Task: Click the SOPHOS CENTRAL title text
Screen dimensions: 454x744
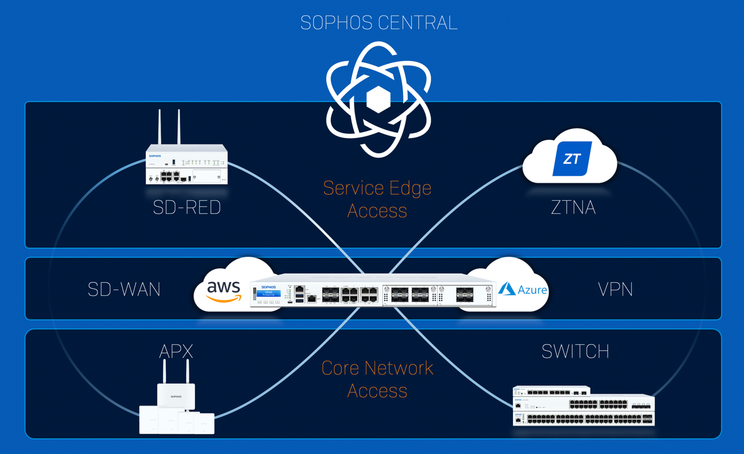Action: click(x=379, y=23)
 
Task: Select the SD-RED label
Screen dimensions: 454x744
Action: click(x=187, y=207)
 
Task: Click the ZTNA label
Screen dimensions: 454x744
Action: click(x=573, y=207)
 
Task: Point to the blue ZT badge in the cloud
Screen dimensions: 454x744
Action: click(x=571, y=159)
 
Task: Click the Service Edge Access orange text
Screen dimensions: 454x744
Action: click(x=377, y=199)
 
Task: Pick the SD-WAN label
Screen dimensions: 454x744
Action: click(x=124, y=290)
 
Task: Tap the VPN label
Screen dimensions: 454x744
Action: click(x=615, y=290)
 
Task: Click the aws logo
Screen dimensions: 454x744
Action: click(x=224, y=291)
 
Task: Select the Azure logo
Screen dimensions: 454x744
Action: click(x=522, y=289)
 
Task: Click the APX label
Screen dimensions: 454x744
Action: click(x=176, y=352)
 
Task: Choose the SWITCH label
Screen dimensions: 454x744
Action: click(x=575, y=352)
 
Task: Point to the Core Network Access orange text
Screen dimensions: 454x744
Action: click(x=377, y=379)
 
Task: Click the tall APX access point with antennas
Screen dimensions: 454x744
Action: click(x=176, y=395)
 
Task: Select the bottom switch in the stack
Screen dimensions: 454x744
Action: click(x=583, y=419)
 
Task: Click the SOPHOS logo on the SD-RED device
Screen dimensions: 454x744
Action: click(x=155, y=156)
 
